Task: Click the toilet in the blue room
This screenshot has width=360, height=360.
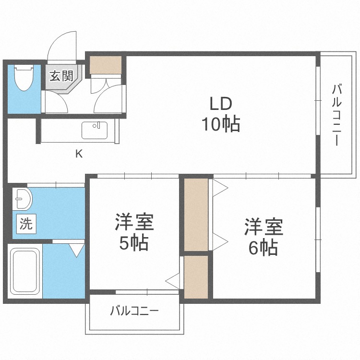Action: tap(24, 78)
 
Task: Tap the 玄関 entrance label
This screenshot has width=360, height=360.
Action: tap(61, 75)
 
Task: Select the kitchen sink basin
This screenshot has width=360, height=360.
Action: tap(95, 130)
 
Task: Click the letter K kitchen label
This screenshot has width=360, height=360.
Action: tap(79, 154)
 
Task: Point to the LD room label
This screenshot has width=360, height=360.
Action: tap(221, 104)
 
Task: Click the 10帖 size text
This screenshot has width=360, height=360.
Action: tap(221, 124)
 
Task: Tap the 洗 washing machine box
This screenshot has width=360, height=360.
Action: tap(26, 224)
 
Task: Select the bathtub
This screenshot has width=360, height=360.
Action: tap(25, 271)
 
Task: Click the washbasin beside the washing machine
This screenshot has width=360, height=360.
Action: tap(22, 199)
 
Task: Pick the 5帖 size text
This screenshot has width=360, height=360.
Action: tap(133, 243)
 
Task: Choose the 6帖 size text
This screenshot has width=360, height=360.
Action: tap(264, 248)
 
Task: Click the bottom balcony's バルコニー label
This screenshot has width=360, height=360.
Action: tap(134, 311)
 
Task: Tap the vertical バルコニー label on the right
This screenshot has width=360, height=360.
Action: tap(336, 115)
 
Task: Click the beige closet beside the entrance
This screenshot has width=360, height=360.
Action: tap(106, 65)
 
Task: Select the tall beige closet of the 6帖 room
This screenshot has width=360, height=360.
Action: tap(196, 215)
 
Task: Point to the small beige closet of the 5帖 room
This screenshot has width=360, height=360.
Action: tap(196, 277)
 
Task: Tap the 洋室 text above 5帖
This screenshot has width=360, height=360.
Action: tap(134, 222)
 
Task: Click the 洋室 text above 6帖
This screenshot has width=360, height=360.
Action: tap(264, 227)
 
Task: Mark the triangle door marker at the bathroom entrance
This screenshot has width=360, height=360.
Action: tap(77, 250)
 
